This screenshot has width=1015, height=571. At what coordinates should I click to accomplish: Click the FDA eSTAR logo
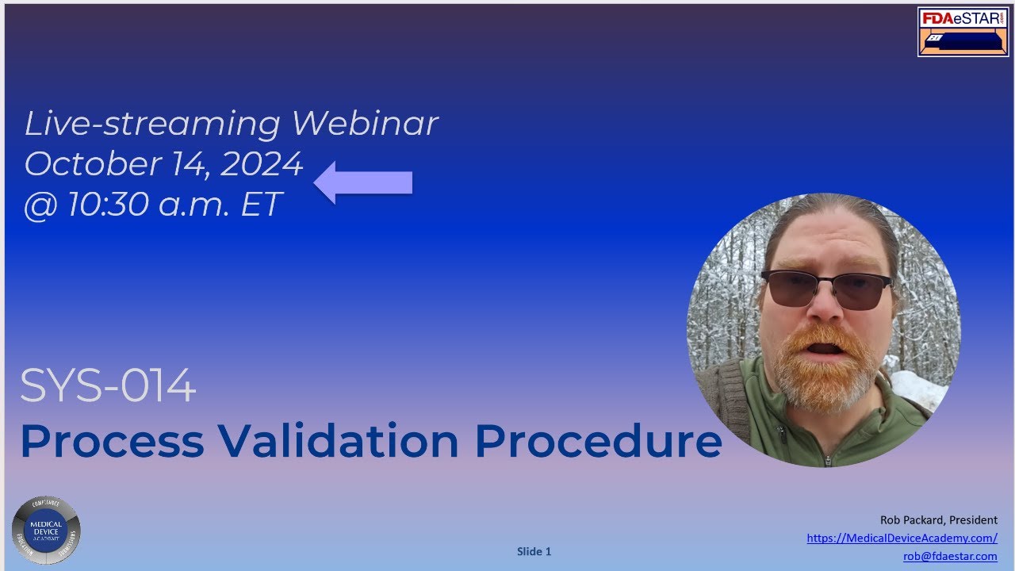[963, 32]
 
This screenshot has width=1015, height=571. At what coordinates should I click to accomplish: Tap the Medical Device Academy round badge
[46, 530]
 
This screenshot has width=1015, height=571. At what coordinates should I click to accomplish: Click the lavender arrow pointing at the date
[363, 182]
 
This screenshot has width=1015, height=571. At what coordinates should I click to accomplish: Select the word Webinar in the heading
[364, 124]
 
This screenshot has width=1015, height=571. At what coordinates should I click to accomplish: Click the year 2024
[262, 164]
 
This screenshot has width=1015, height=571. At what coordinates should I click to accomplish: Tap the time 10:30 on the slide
[107, 205]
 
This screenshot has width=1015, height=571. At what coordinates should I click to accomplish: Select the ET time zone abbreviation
[260, 205]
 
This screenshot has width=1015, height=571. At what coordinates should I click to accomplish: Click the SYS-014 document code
[108, 387]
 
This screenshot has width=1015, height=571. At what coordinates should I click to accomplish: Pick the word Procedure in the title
[598, 441]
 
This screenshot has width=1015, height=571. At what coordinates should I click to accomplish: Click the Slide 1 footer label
[534, 552]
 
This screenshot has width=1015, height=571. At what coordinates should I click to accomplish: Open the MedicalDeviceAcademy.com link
[902, 538]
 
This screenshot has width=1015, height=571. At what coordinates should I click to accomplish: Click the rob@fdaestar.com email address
[950, 557]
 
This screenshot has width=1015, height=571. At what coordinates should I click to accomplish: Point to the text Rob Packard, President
[938, 520]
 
